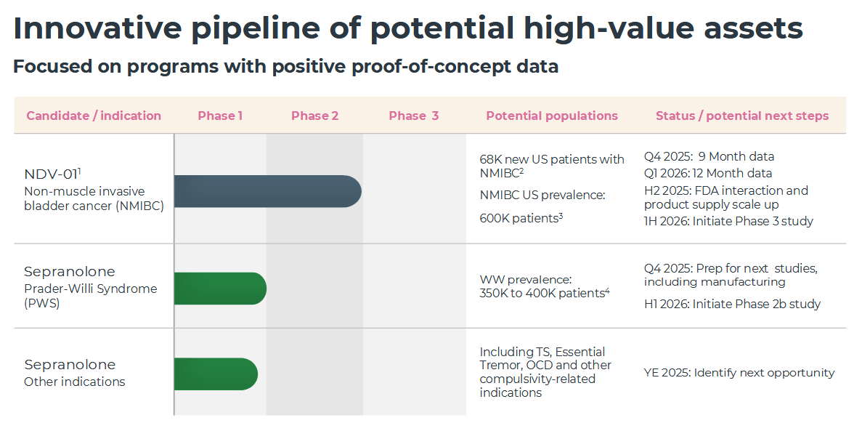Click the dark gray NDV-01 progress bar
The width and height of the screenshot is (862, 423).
[268, 191]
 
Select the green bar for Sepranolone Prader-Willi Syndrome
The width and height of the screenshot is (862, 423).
[221, 289]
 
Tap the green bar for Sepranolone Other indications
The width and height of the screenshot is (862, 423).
[216, 374]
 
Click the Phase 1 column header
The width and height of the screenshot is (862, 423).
[221, 116]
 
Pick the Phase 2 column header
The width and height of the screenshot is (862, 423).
[315, 116]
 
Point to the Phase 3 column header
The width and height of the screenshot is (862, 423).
[414, 116]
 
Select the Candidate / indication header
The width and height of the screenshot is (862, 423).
[94, 116]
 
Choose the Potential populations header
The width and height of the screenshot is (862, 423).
[552, 116]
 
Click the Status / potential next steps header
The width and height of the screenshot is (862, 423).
[742, 116]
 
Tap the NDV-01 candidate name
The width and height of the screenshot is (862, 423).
[51, 174]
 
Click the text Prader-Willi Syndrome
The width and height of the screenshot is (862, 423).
[91, 289]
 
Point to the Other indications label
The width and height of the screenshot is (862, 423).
[75, 382]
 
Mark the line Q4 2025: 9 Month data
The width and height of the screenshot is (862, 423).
[709, 157]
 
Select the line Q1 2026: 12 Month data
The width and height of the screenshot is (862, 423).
[708, 173]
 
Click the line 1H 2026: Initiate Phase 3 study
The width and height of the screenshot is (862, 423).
[729, 221]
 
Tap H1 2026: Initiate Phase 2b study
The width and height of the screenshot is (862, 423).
[732, 305]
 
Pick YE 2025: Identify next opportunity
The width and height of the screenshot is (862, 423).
[739, 373]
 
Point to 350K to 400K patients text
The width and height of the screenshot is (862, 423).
[542, 294]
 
